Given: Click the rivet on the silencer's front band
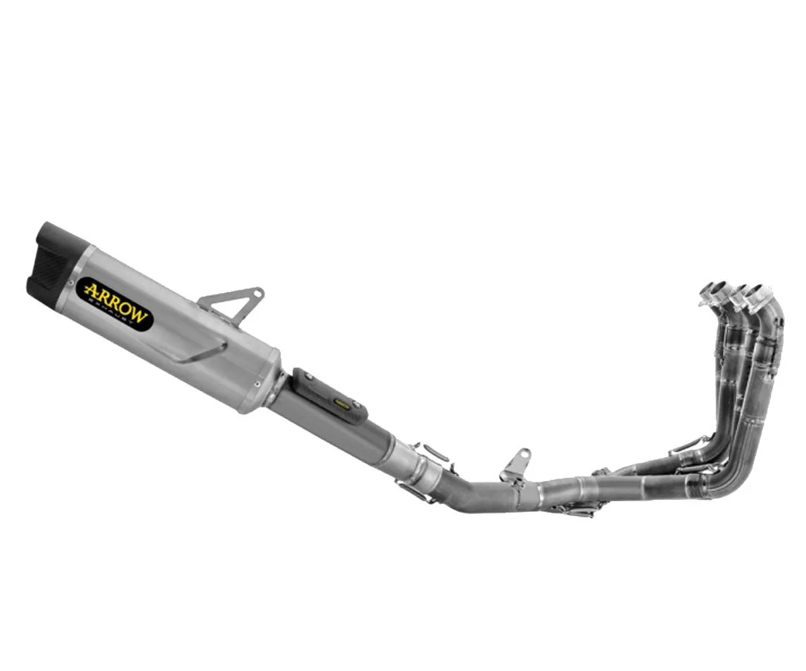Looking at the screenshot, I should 257,383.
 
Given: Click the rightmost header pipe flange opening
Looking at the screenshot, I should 759,294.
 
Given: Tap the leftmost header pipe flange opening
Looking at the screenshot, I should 712,291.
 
